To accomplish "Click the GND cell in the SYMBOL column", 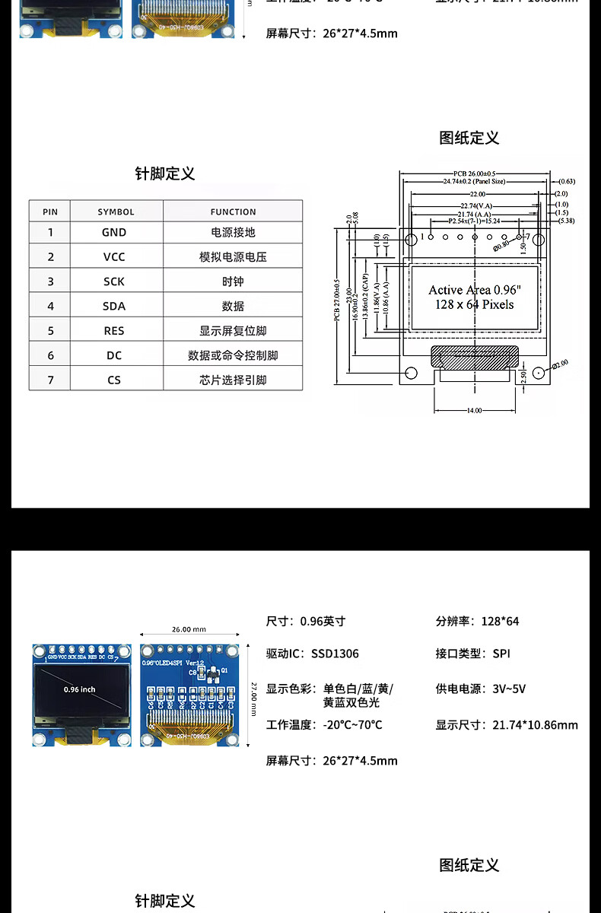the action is point(114,233).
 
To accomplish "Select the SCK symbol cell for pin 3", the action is point(114,282).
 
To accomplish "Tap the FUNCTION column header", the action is point(233,212).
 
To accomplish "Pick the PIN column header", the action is point(50,212).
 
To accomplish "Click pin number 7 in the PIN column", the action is point(51,380).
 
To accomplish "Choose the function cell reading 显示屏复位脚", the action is point(233,331).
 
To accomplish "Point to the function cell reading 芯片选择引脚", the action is point(233,380).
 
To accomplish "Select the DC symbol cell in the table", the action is point(114,355).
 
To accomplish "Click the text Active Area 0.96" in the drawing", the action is point(475,290).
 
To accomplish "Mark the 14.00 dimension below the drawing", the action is point(474,411).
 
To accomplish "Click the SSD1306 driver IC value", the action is point(335,654).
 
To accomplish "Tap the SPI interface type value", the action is point(501,654).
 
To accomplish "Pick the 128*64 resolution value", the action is point(500,622).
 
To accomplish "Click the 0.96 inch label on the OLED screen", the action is point(79,689).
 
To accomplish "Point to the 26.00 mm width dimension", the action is point(189,630).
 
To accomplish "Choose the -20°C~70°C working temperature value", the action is point(352,725).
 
